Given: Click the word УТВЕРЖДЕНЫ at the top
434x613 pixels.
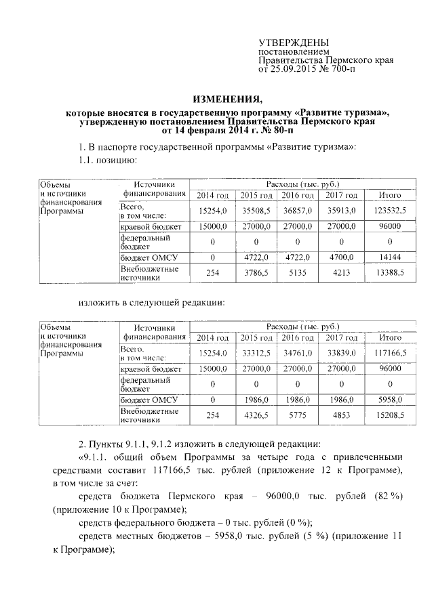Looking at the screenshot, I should pyautogui.click(x=294, y=43).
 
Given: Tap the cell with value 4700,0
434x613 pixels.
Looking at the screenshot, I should pyautogui.click(x=340, y=257).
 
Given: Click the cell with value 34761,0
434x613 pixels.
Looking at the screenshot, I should pyautogui.click(x=298, y=353).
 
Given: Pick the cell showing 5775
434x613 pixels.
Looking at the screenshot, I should pyautogui.click(x=298, y=415).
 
